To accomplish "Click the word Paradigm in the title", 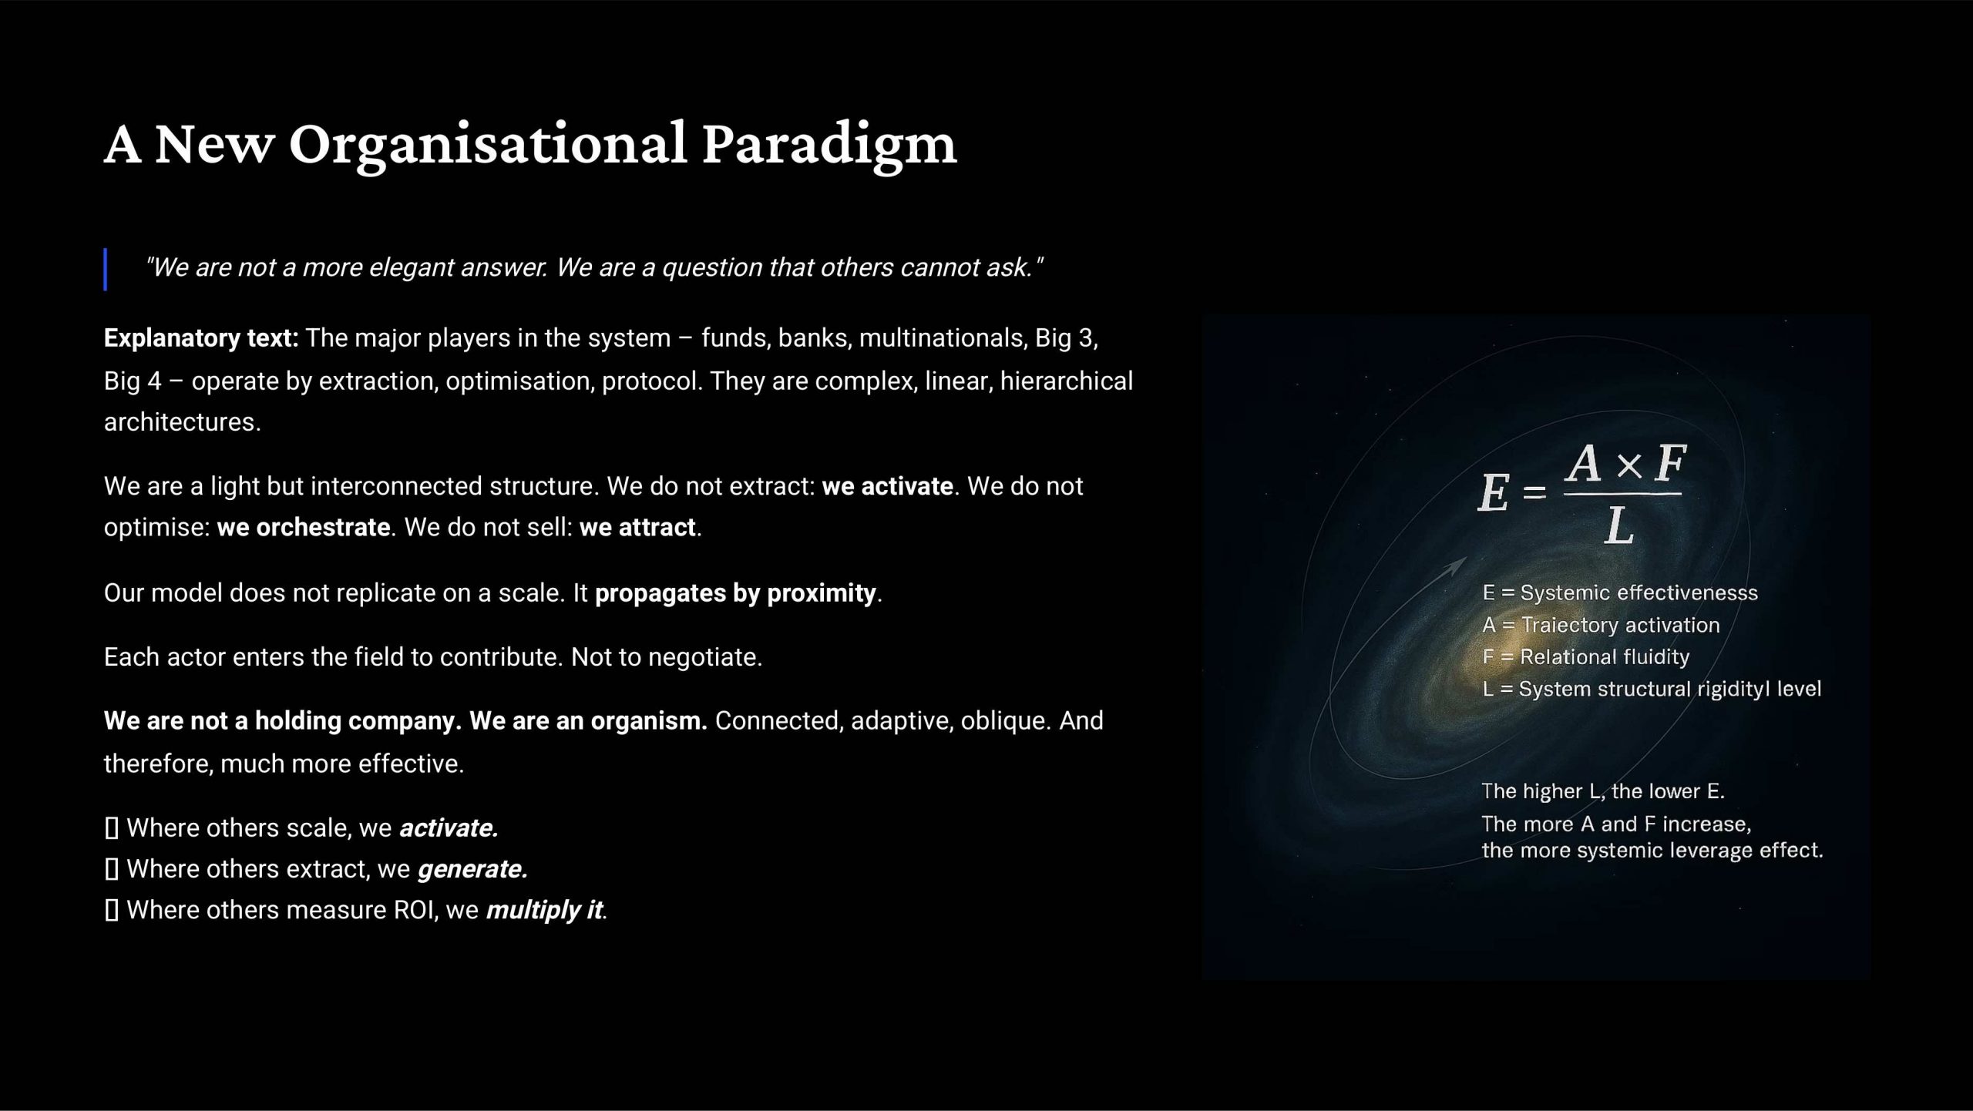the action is [829, 145].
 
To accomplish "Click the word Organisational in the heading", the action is [488, 145].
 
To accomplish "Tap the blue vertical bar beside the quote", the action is [106, 269].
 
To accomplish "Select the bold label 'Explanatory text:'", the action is [201, 338].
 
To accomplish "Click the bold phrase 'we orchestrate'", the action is [304, 527].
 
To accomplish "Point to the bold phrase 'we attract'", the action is [637, 527].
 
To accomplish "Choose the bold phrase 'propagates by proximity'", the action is [736, 593].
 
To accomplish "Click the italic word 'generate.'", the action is [472, 869].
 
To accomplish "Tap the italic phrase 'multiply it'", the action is [544, 910].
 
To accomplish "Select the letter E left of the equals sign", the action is [1494, 492].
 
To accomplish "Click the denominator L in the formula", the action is [1618, 527].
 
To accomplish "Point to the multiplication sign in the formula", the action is [1628, 465].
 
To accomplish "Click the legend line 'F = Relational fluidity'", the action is [1586, 656].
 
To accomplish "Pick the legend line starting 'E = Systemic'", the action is [1620, 592].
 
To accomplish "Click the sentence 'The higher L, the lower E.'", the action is [1603, 791].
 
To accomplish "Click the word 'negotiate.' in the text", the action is [704, 657].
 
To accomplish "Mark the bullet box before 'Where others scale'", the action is [112, 828].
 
